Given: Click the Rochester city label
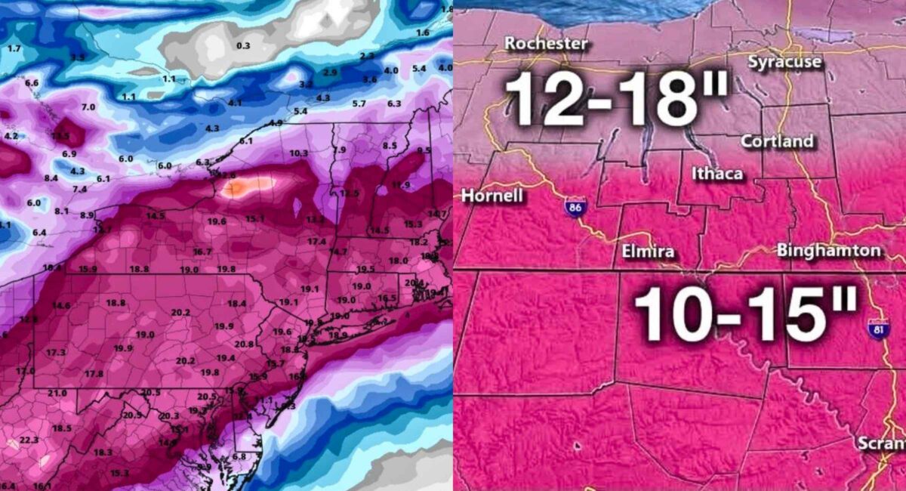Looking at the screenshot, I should pyautogui.click(x=546, y=43).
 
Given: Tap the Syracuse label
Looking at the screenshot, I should pyautogui.click(x=784, y=62).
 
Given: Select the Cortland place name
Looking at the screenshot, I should pyautogui.click(x=777, y=141).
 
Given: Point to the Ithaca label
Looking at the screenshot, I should pyautogui.click(x=717, y=174).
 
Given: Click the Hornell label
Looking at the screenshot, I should pyautogui.click(x=487, y=194).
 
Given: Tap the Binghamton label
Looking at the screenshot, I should pyautogui.click(x=828, y=250).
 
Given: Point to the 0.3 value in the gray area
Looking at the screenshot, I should pyautogui.click(x=243, y=45).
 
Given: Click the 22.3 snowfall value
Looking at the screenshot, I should pyautogui.click(x=29, y=440).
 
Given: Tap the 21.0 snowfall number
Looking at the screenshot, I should pyautogui.click(x=57, y=393).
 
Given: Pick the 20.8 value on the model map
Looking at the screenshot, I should pyautogui.click(x=244, y=344).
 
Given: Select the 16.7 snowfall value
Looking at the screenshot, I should pyautogui.click(x=202, y=252).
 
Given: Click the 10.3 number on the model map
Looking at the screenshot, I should pyautogui.click(x=298, y=153).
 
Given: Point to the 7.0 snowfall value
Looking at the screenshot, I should pyautogui.click(x=88, y=107).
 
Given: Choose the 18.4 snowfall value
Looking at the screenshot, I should pyautogui.click(x=237, y=303).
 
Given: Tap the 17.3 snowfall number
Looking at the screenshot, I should pyautogui.click(x=56, y=353).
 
